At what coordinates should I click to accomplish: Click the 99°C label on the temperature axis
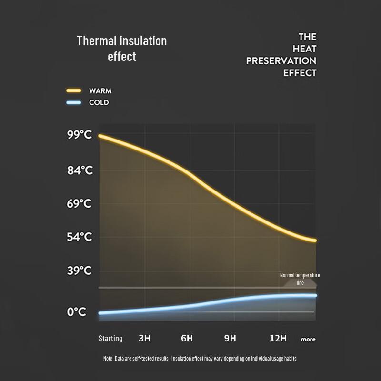tap(80, 135)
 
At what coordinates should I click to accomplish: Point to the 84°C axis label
tap(80, 170)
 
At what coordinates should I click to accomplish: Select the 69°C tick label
tap(79, 204)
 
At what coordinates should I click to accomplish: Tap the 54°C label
tap(80, 237)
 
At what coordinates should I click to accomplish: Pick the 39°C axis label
tap(80, 271)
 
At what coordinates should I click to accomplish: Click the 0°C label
tap(77, 312)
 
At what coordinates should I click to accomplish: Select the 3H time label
tap(145, 338)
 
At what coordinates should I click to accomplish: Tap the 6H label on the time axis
tap(187, 338)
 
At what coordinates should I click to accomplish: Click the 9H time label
tap(230, 338)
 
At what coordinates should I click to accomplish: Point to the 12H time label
tap(278, 338)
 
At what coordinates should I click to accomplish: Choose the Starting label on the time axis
tap(110, 339)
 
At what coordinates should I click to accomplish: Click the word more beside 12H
tap(308, 339)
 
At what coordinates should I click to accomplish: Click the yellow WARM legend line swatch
tap(74, 90)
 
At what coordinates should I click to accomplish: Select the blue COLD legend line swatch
tap(74, 102)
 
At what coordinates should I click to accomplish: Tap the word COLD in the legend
tap(99, 102)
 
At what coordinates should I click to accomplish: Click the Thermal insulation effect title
tap(122, 49)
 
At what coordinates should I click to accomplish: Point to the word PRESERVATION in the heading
tap(281, 61)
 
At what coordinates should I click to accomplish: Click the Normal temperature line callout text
tap(300, 279)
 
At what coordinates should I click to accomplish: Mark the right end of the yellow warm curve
tap(315, 241)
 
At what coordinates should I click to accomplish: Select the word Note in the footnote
tap(108, 359)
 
